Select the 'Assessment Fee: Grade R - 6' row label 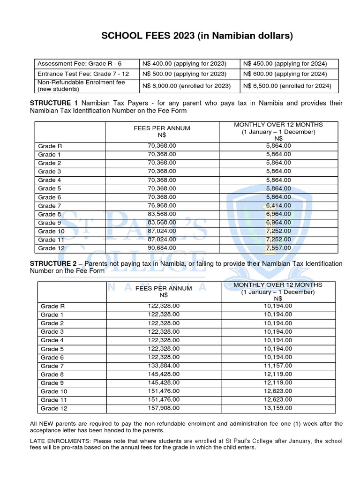(x=79, y=63)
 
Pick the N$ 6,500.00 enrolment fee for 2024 (x=287, y=86)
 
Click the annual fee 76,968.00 (x=162, y=205)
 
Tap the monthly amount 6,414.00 (x=278, y=205)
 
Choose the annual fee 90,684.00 (x=162, y=248)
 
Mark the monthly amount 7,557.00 (x=278, y=248)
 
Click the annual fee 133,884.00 (x=164, y=366)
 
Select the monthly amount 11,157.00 (x=278, y=366)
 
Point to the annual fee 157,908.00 (x=164, y=408)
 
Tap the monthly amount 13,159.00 (x=278, y=408)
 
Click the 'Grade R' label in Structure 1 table (x=50, y=146)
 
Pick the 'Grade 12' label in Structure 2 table (x=54, y=408)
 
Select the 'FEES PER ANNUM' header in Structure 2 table (x=164, y=288)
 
